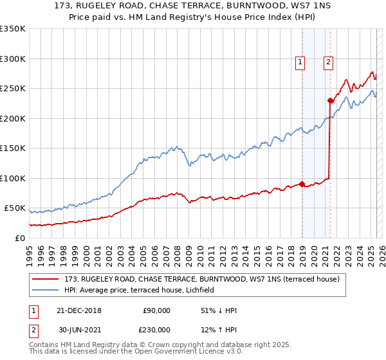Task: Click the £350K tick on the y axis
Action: coord(13,29)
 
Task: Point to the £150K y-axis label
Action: coord(13,148)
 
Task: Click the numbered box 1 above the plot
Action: coord(300,62)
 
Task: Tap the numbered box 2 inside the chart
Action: coord(328,62)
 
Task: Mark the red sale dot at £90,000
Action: coord(302,184)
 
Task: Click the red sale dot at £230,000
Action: coord(330,100)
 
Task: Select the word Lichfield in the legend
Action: coord(208,290)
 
